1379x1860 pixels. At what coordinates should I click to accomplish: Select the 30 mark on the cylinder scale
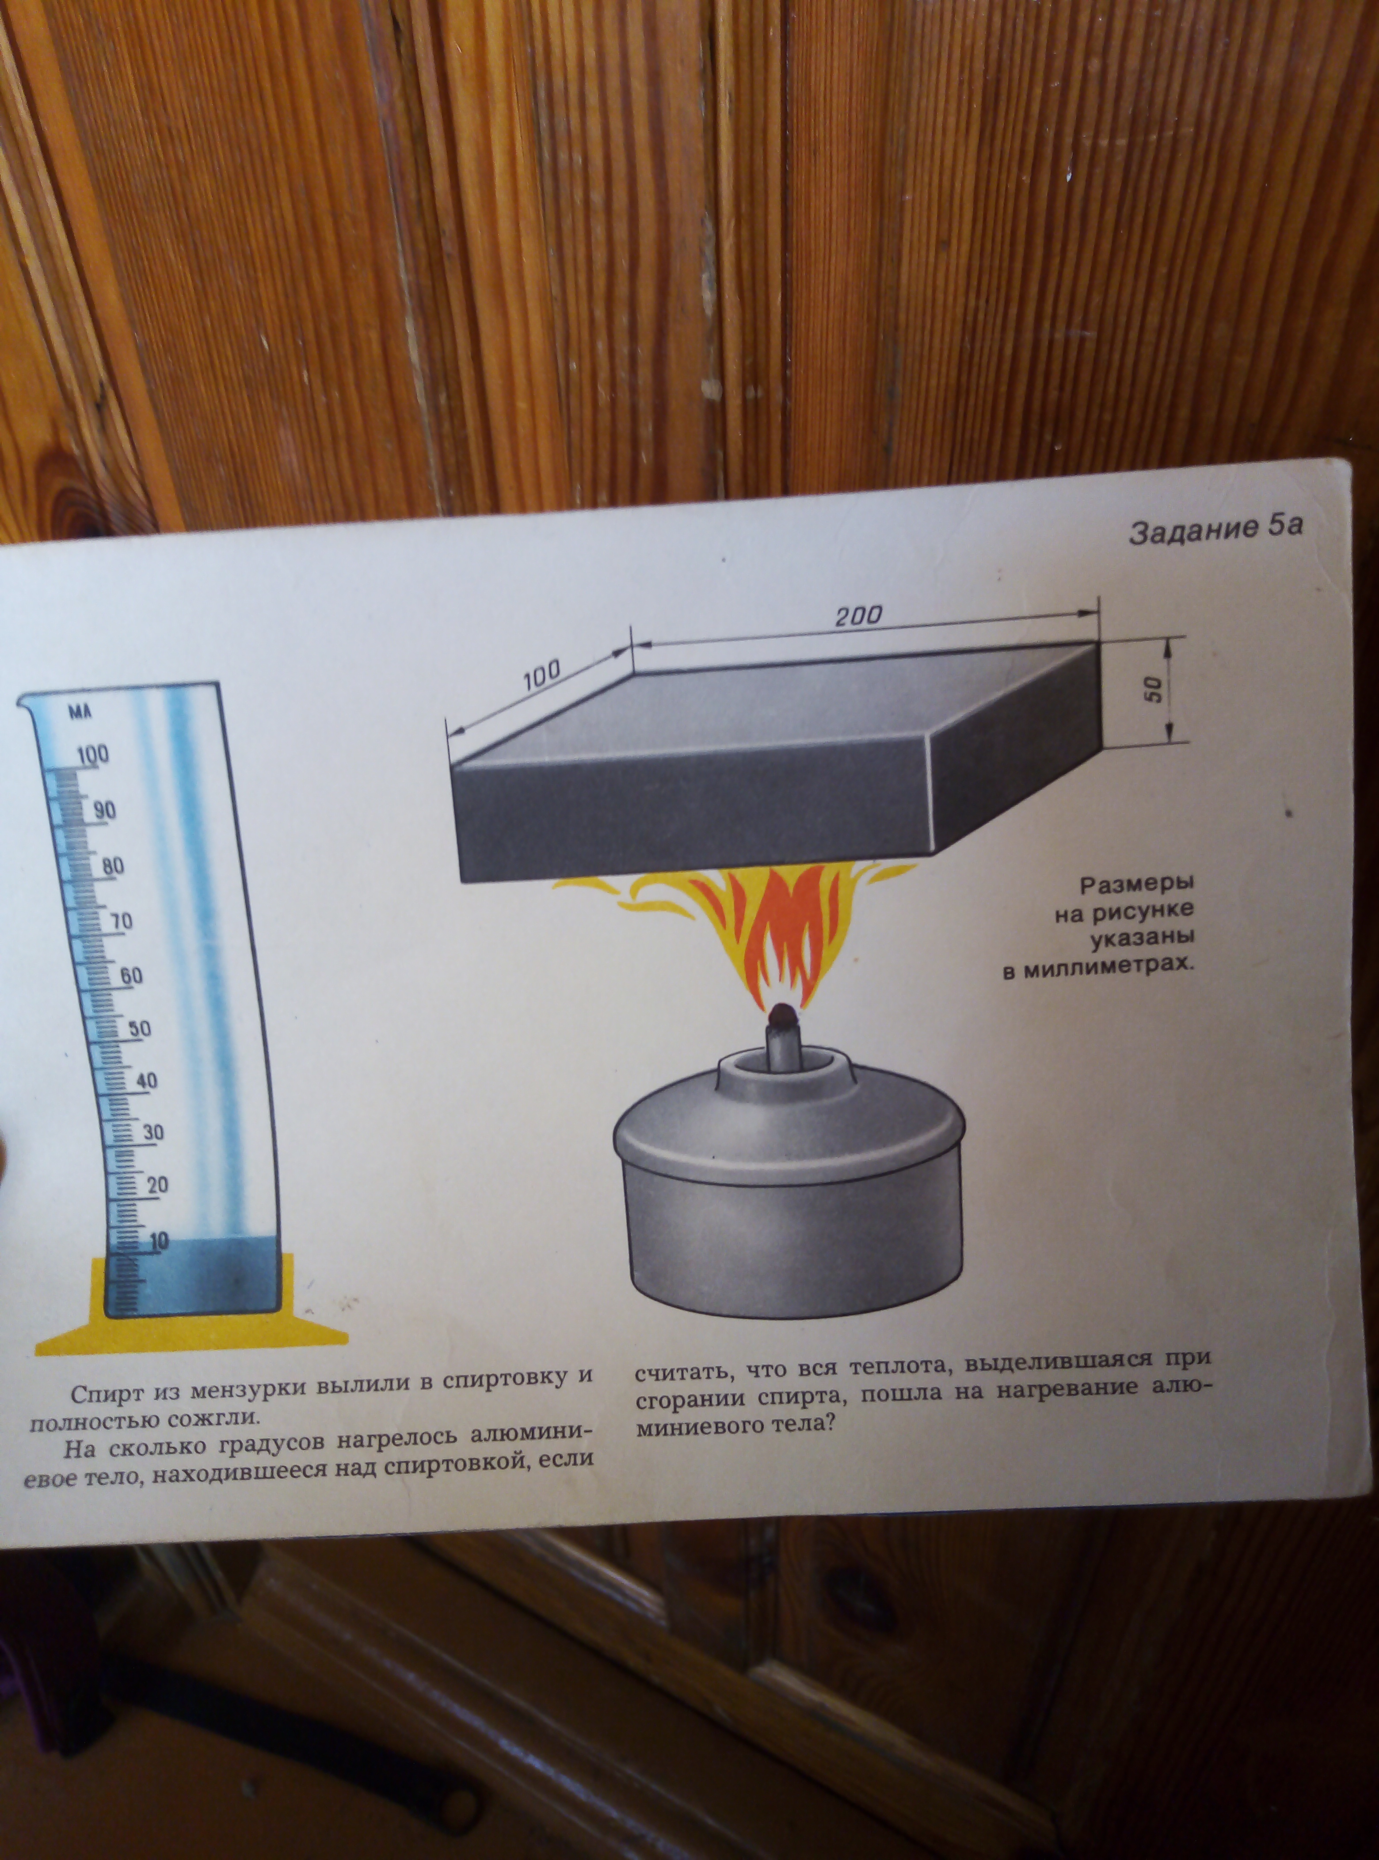(x=153, y=1133)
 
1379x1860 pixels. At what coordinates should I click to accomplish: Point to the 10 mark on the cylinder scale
(x=159, y=1241)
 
